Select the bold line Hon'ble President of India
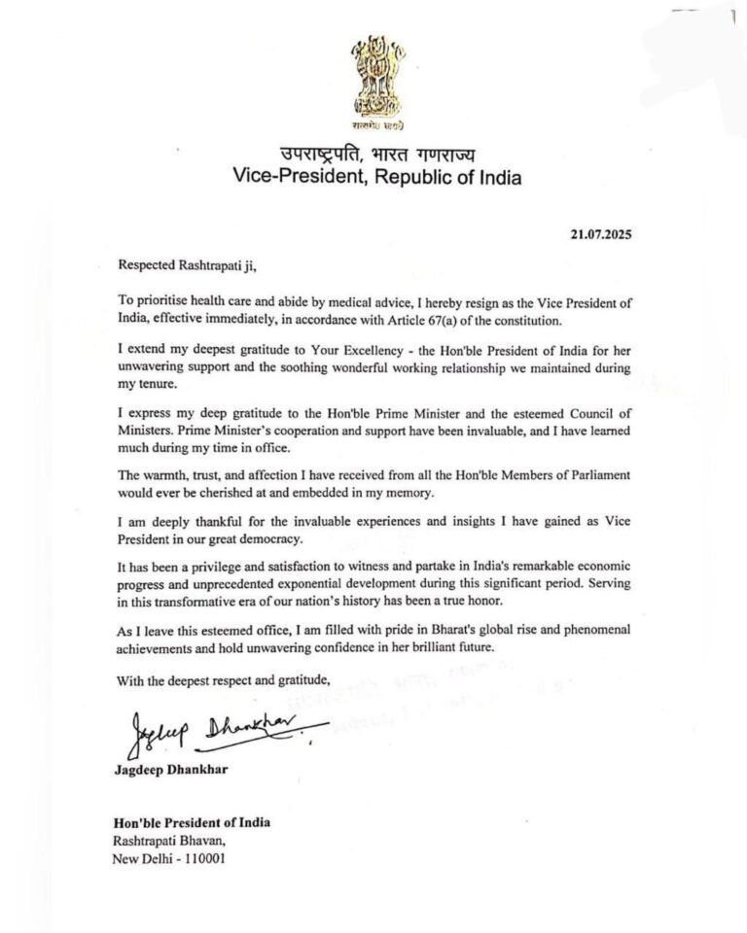(x=193, y=822)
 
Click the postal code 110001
(x=210, y=860)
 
